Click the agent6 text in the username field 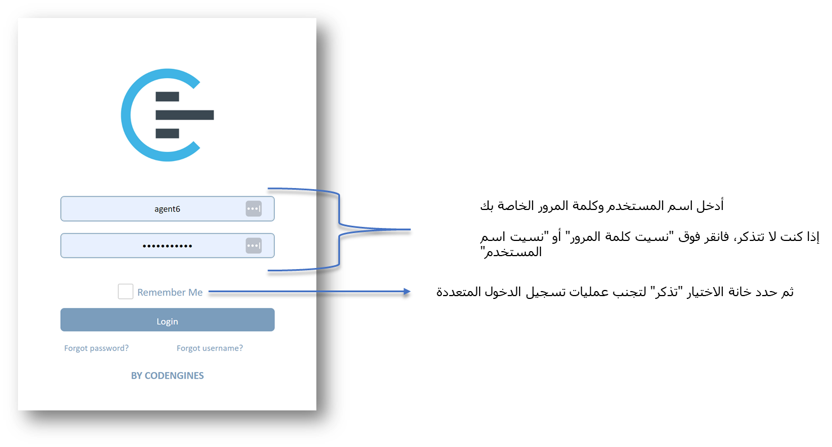coord(167,209)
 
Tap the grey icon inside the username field coord(254,208)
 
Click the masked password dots coord(167,246)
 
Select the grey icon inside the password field coord(254,245)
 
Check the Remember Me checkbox coord(126,292)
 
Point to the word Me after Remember coord(195,292)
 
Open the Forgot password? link coord(96,348)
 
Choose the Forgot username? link coord(209,348)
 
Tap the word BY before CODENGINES coord(137,376)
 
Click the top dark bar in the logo coord(167,96)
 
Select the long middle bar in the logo coord(185,115)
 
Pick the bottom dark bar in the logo coord(167,133)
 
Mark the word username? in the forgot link coord(223,348)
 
